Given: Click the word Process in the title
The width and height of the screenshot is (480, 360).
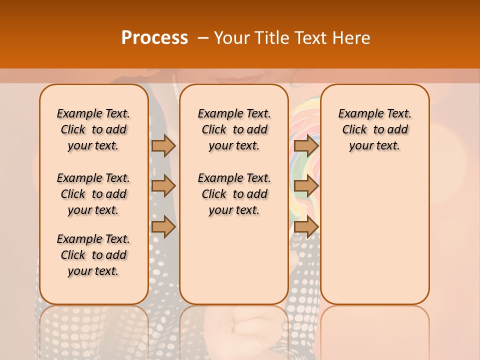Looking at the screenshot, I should tap(154, 38).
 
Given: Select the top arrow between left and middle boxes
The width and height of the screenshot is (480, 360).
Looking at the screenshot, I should tap(163, 145).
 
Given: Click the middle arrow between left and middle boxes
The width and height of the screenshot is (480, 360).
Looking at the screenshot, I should tap(163, 186).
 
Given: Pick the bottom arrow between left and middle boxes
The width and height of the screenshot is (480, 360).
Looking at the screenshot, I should tap(163, 227).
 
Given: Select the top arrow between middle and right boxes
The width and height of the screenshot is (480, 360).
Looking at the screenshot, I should tap(306, 145).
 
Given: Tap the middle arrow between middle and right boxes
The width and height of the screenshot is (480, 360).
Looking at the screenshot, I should tap(306, 186).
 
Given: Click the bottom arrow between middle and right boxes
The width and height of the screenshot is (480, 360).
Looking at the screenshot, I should tap(306, 227).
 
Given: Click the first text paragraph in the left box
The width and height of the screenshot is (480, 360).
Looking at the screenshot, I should tap(93, 129).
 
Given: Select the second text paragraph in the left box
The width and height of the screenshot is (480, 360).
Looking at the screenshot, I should tap(93, 194).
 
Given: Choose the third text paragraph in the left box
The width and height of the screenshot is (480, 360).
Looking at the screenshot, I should tap(93, 255).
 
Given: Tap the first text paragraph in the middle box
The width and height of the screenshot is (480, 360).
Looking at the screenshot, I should tap(234, 129).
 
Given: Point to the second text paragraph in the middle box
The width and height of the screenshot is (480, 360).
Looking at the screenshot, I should tap(234, 194).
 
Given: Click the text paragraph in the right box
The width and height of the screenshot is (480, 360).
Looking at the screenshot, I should tap(375, 129).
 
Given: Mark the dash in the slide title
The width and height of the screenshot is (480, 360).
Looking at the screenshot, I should tap(203, 38).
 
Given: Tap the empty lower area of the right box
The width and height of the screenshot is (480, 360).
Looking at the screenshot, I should tap(375, 235).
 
